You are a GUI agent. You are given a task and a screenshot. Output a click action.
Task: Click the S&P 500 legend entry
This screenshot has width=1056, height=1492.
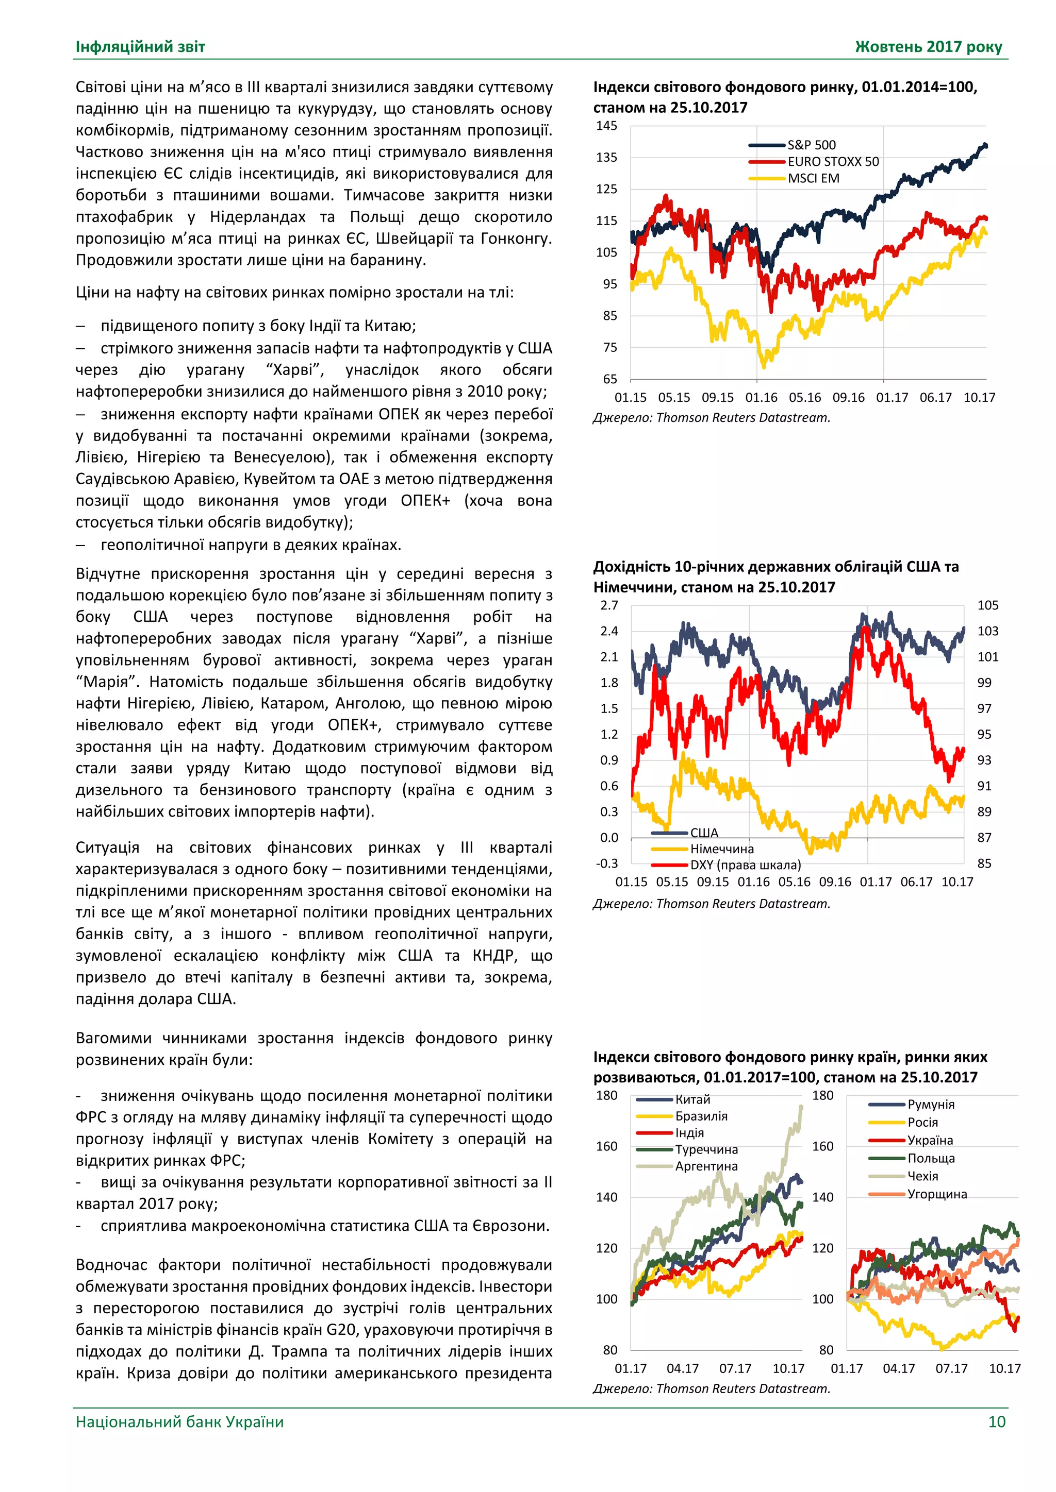click(811, 145)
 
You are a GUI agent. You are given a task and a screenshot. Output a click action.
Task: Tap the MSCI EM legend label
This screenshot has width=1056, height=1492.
click(814, 178)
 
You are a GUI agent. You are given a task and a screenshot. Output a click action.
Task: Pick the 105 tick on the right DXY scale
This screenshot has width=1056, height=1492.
click(988, 605)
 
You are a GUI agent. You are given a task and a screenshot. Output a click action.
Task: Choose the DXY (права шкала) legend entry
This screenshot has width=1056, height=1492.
click(745, 865)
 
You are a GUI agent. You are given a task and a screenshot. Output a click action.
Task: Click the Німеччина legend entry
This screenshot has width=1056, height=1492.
click(722, 849)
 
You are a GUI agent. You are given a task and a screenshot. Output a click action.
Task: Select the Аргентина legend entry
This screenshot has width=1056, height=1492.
click(706, 1166)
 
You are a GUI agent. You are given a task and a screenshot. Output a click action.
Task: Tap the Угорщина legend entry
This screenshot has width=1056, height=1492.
click(937, 1194)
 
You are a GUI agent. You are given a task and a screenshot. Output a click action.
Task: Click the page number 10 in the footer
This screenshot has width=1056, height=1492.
click(996, 1422)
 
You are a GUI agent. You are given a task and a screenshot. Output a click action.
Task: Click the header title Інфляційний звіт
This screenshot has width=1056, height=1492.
click(140, 47)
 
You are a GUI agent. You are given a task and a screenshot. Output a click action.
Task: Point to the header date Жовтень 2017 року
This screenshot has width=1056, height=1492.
click(928, 47)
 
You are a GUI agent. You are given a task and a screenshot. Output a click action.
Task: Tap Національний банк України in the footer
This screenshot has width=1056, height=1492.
click(179, 1422)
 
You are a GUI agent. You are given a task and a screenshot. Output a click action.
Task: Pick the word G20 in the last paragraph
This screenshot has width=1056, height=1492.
click(341, 1330)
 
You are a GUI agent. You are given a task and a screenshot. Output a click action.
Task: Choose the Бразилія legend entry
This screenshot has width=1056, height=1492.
click(701, 1116)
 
